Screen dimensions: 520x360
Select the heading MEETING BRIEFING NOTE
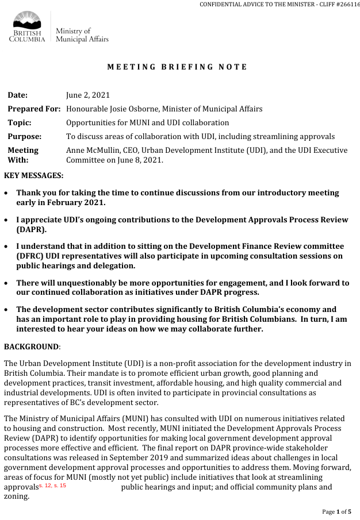point(177,67)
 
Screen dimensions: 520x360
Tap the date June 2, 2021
point(88,95)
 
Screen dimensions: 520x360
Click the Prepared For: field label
point(34,109)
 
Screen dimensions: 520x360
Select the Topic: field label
point(20,122)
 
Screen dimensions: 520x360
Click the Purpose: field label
point(25,136)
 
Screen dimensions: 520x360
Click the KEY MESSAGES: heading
point(34,175)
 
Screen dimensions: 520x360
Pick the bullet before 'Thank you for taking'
point(6,193)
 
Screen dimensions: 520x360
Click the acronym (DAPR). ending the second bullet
point(32,229)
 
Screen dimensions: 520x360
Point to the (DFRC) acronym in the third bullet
point(32,256)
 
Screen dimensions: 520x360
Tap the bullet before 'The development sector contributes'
point(6,310)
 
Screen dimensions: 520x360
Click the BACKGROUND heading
point(31,346)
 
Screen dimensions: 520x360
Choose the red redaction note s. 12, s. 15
point(52,486)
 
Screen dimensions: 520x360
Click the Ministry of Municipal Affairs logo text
point(82,35)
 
